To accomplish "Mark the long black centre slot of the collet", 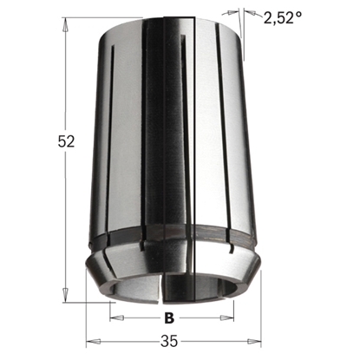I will pyautogui.click(x=201, y=139).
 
